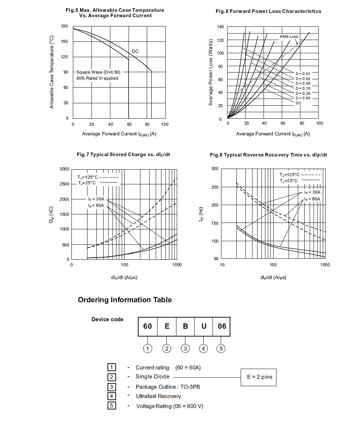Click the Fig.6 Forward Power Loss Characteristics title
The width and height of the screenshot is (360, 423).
(268, 11)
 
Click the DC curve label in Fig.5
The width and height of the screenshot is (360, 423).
(135, 51)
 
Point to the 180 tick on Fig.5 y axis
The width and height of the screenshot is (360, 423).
(64, 26)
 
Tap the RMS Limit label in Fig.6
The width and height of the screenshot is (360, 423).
(289, 37)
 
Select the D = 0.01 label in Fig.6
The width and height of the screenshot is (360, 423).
(302, 74)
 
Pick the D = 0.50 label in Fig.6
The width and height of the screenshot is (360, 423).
(302, 98)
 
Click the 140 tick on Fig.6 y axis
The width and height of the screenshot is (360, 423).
(220, 27)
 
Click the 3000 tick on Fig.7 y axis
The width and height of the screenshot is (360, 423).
(65, 169)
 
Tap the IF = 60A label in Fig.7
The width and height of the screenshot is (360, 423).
(96, 205)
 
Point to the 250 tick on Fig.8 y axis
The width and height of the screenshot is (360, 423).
(214, 187)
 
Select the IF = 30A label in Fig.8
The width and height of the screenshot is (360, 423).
(312, 192)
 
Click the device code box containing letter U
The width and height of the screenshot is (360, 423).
(204, 326)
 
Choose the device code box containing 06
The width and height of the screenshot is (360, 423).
(222, 326)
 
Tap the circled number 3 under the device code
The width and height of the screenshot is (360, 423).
(185, 349)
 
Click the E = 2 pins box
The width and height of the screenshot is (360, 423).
(259, 377)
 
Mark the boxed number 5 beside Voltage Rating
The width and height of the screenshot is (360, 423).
(111, 405)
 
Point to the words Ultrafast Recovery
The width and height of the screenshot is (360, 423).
(158, 396)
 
